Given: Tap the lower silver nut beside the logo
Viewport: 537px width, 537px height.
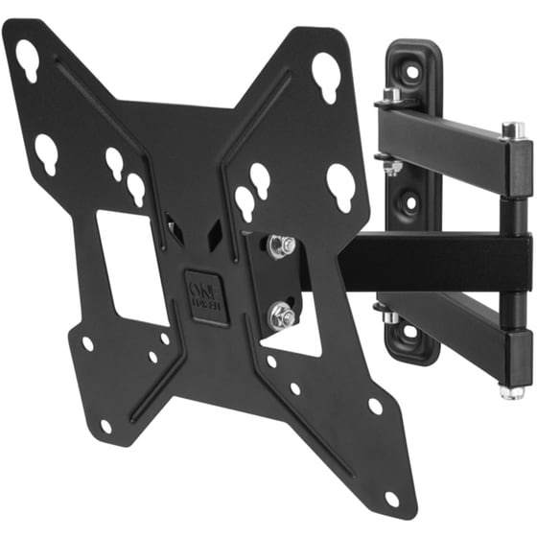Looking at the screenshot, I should click(x=280, y=311).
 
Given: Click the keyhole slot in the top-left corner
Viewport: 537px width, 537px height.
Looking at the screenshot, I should click(x=28, y=60).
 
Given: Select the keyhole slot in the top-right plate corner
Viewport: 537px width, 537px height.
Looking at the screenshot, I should click(x=326, y=71).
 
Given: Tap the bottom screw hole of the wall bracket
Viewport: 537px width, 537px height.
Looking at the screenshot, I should click(x=409, y=331).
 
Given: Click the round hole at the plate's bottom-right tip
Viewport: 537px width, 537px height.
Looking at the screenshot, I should click(x=392, y=499).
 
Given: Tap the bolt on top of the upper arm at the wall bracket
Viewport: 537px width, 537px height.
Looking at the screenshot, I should click(x=392, y=97).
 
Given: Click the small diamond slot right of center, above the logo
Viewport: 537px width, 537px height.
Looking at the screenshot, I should click(x=216, y=230).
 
